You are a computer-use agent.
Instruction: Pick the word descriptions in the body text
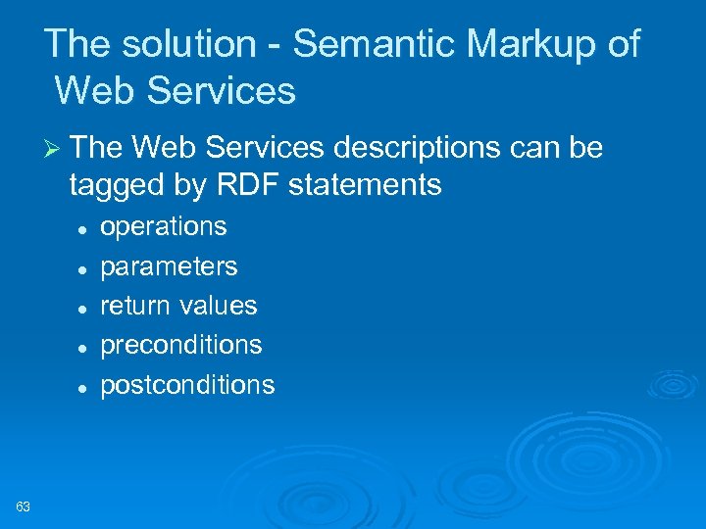pyautogui.click(x=415, y=148)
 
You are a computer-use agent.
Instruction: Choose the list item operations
pyautogui.click(x=164, y=227)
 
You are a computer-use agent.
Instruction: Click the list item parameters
pyautogui.click(x=169, y=266)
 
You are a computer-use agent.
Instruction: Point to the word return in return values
pyautogui.click(x=135, y=306)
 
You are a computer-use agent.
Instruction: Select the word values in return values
pyautogui.click(x=218, y=306)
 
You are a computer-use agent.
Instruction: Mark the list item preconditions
pyautogui.click(x=181, y=345)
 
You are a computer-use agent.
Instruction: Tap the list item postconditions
pyautogui.click(x=187, y=385)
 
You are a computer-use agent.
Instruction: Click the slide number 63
pyautogui.click(x=24, y=506)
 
